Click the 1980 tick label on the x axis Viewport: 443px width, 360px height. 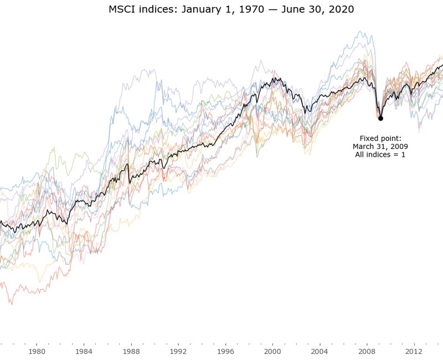pyautogui.click(x=37, y=351)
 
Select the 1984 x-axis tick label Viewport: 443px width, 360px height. pyautogui.click(x=84, y=351)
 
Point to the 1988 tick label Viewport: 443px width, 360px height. pyautogui.click(x=131, y=351)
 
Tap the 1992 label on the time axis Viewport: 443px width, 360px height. pyautogui.click(x=178, y=351)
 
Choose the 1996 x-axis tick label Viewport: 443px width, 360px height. pyautogui.click(x=225, y=351)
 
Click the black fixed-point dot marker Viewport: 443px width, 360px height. pyautogui.click(x=380, y=118)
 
